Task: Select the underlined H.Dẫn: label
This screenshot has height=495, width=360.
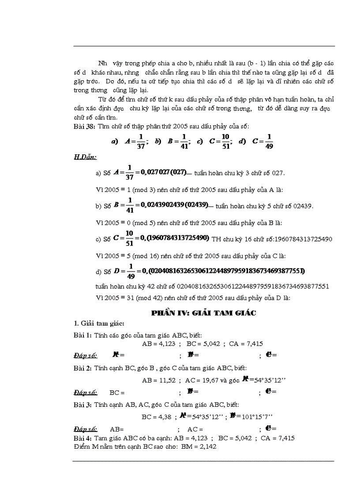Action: coord(85,156)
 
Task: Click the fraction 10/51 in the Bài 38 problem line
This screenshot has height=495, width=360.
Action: coord(226,141)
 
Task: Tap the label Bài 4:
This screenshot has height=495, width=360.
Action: coord(82,438)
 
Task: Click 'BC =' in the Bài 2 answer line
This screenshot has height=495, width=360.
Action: coord(117,391)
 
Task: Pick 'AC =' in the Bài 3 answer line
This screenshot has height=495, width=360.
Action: coord(195,428)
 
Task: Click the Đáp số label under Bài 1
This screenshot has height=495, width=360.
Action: coord(85,355)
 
